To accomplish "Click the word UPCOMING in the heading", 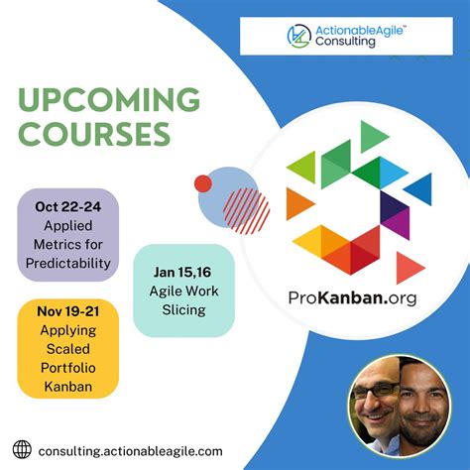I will [109, 100].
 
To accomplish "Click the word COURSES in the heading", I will [94, 134].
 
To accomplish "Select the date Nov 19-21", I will [67, 312].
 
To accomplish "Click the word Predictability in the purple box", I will [68, 264].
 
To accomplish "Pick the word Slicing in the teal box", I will [183, 309].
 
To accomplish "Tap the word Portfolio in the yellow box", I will [67, 369].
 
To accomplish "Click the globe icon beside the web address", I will [23, 449].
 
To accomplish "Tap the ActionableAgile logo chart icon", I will [298, 36].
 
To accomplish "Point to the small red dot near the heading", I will [203, 183].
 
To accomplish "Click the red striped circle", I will [246, 209].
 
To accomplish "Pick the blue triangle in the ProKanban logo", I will [419, 187].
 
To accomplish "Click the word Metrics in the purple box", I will [68, 245].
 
